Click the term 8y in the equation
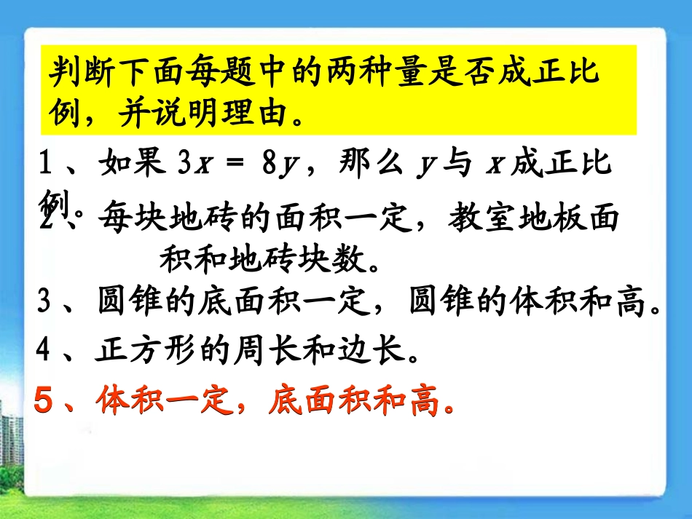279,167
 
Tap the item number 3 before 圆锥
44,303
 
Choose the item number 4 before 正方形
44,352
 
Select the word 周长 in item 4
248,352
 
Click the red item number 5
45,401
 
